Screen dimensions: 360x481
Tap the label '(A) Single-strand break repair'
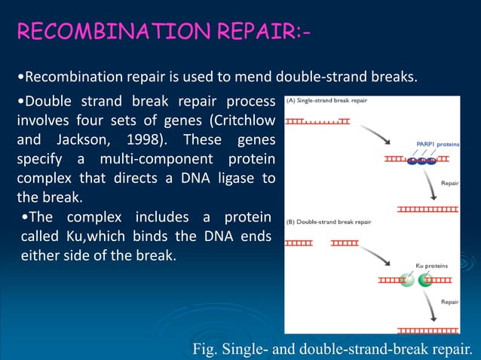[326, 101]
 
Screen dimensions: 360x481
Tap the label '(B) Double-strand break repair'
[329, 222]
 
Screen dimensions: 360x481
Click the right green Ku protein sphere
[426, 280]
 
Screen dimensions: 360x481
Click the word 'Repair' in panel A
[450, 182]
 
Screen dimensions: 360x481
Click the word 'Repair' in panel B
[450, 301]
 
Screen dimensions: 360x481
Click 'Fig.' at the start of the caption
[206, 347]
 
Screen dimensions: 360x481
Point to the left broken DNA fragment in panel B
[299, 243]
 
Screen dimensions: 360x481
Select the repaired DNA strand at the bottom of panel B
[427, 329]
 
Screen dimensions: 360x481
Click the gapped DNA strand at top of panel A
[317, 121]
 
